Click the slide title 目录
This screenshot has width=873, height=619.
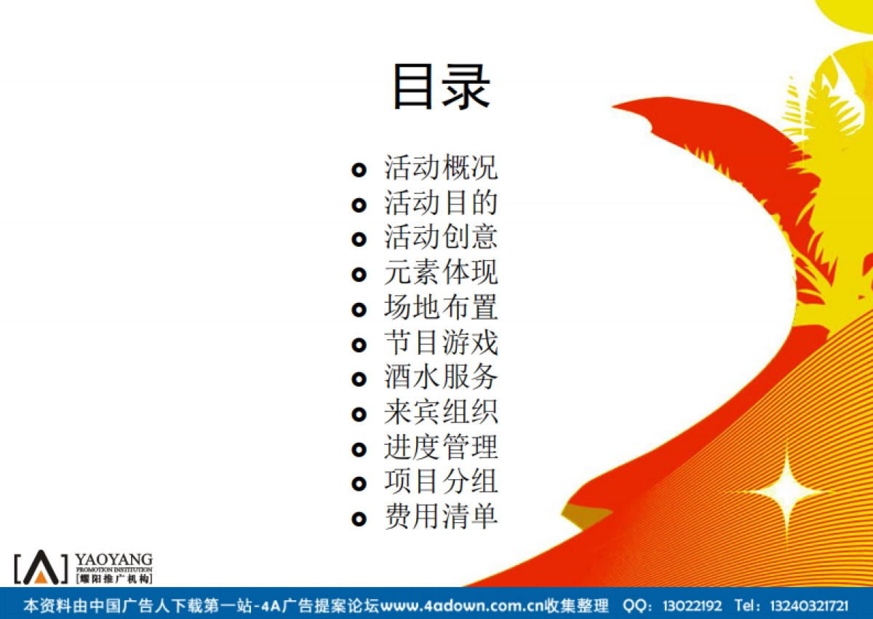442,87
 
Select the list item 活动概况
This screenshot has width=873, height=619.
441,168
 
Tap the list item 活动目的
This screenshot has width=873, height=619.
441,203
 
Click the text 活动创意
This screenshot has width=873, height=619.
441,238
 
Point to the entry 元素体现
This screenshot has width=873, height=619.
441,273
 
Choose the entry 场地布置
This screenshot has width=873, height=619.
441,308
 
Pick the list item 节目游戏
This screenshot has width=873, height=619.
441,343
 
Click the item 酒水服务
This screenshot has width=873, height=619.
441,378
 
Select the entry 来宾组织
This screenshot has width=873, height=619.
441,413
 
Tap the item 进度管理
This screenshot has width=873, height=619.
441,448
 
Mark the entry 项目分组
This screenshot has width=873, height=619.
441,482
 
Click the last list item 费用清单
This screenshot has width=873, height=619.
441,517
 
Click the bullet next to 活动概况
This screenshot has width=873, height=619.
359,170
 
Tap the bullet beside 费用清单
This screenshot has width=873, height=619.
359,519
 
